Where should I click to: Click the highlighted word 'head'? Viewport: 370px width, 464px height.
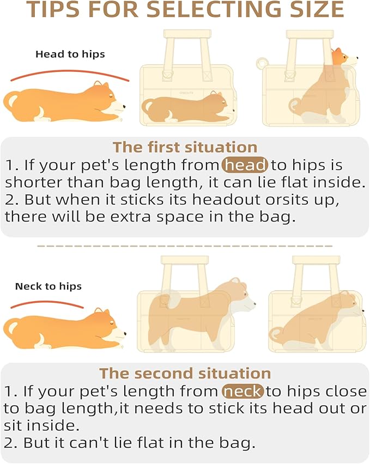pyautogui.click(x=245, y=164)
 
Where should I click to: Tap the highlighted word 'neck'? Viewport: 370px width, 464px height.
pyautogui.click(x=242, y=391)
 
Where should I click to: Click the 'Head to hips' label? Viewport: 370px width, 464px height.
pyautogui.click(x=70, y=54)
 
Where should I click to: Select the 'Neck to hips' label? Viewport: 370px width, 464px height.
pyautogui.click(x=48, y=286)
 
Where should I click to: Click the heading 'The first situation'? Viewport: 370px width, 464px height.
pyautogui.click(x=185, y=147)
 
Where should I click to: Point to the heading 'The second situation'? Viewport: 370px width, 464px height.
pyautogui.click(x=185, y=373)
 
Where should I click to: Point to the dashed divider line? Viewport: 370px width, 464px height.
pyautogui.click(x=185, y=246)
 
